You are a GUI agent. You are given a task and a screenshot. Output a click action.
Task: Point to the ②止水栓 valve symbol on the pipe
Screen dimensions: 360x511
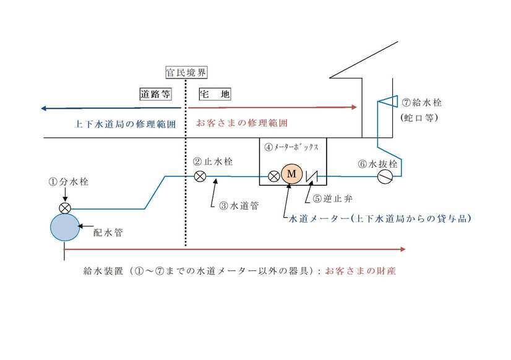point(200,176)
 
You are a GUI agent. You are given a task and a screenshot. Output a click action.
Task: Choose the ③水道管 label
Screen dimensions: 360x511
point(237,207)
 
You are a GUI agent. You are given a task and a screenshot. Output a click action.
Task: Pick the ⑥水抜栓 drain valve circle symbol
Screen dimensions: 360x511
point(385,177)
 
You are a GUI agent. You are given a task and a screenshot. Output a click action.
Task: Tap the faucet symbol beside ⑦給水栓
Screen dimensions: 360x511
point(388,101)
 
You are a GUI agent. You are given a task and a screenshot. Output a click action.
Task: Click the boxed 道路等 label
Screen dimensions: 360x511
point(155,95)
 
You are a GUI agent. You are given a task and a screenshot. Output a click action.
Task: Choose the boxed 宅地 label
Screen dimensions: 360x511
point(215,95)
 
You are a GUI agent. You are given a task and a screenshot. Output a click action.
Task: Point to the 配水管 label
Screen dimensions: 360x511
point(108,233)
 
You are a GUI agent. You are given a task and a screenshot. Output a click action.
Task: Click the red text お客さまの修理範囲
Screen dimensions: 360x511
point(242,123)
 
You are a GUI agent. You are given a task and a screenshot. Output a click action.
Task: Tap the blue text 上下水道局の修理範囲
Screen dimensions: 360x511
point(126,124)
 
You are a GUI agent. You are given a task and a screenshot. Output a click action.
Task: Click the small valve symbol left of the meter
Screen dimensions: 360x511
point(273,176)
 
